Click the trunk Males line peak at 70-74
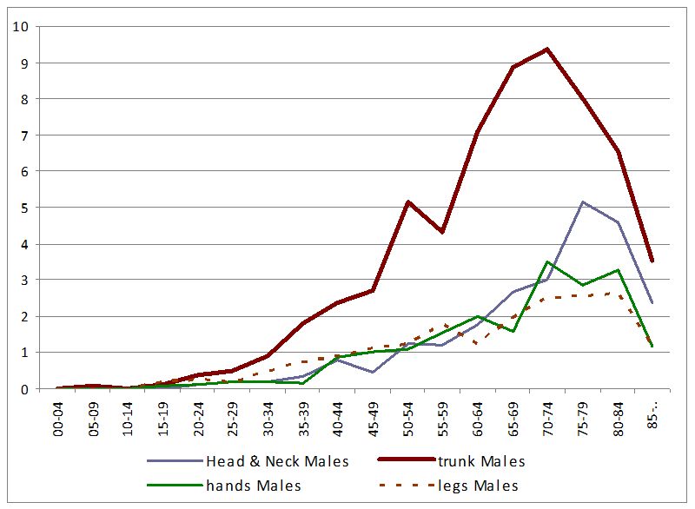(x=547, y=50)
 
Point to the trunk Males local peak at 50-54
(x=407, y=202)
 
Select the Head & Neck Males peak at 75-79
(x=582, y=202)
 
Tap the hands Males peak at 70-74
(x=547, y=262)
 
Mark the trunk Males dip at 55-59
(x=442, y=232)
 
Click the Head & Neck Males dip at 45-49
(x=372, y=372)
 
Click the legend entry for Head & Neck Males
(x=276, y=461)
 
